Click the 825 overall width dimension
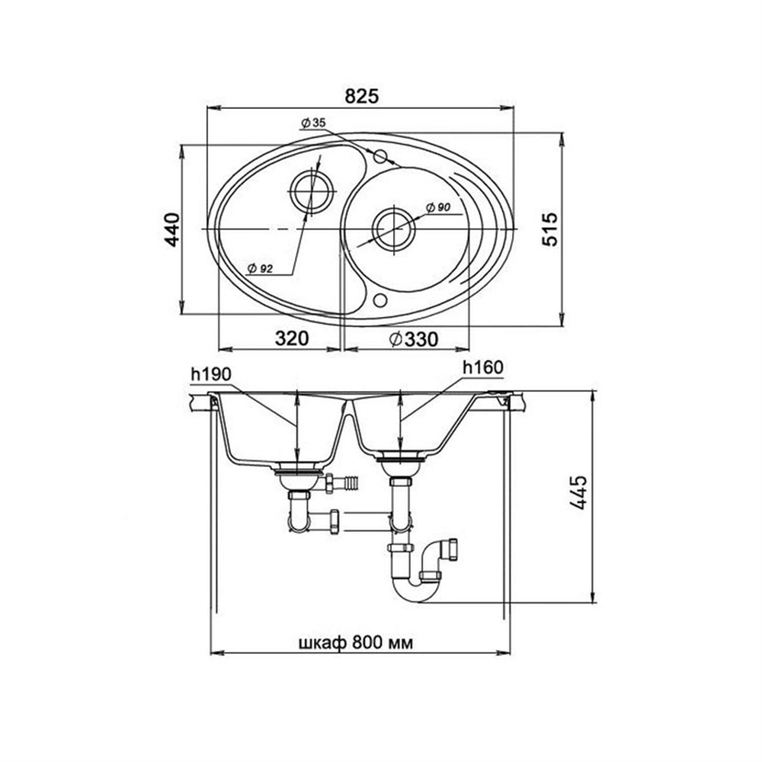(361, 96)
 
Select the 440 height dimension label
(173, 229)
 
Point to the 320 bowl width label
(292, 338)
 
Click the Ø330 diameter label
(414, 339)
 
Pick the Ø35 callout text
(313, 123)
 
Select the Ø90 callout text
(438, 207)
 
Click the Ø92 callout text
(260, 268)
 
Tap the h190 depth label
(211, 373)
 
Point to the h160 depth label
(483, 367)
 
